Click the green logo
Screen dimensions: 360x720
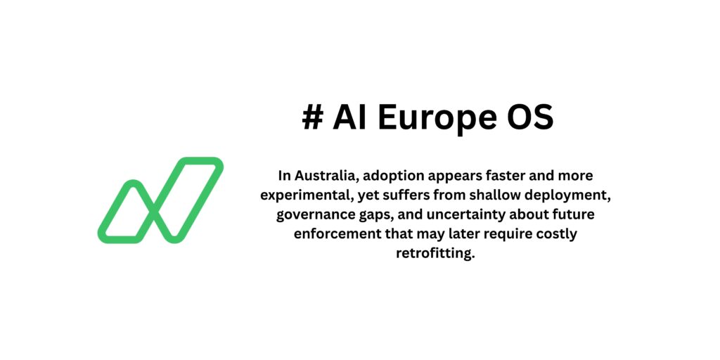pos(160,200)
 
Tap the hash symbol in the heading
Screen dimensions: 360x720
pos(312,118)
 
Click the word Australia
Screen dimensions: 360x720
pos(326,174)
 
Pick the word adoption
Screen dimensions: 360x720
pos(395,174)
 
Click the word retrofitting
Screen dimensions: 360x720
pos(436,253)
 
